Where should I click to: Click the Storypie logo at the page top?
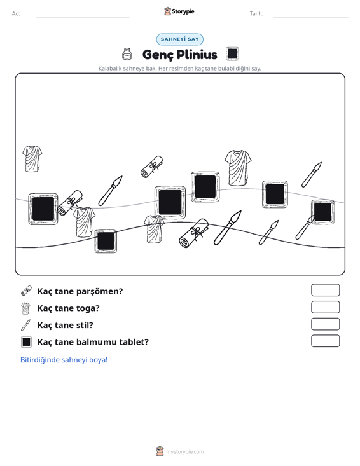[179, 11]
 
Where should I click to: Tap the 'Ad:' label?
[16, 14]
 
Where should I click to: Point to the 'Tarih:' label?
[256, 14]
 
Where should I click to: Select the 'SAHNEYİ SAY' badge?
[180, 39]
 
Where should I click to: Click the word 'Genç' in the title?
[157, 55]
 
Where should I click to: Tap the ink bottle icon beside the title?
[127, 54]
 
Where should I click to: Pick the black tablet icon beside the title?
[232, 54]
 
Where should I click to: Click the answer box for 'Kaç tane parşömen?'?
[325, 290]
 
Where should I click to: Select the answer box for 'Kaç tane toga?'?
[325, 307]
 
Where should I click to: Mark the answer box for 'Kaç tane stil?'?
[325, 324]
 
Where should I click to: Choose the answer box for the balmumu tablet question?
[325, 341]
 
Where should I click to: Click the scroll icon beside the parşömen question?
[26, 291]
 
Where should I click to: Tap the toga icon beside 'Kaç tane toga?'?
[26, 308]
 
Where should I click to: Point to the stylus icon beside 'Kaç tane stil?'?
[26, 325]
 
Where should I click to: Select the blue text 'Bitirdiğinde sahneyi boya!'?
[64, 360]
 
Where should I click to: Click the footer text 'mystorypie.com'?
[185, 452]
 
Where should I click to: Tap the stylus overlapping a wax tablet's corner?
[305, 228]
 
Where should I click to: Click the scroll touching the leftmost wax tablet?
[70, 203]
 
